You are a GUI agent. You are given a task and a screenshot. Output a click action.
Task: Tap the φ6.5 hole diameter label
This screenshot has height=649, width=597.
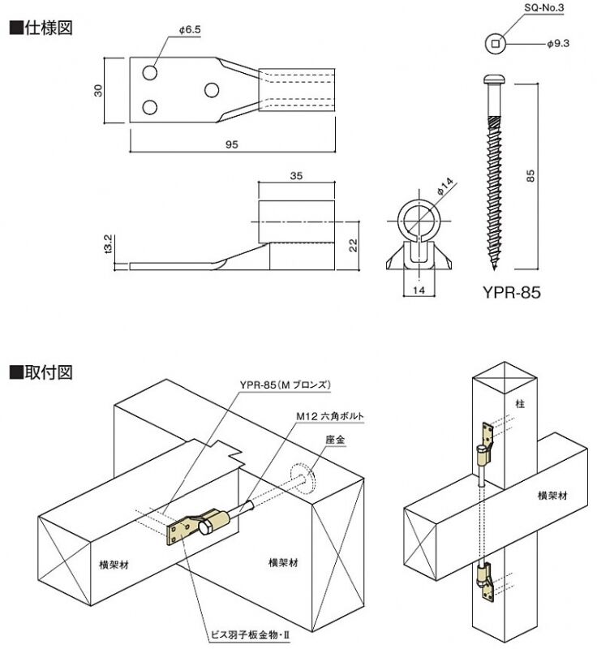point(189,29)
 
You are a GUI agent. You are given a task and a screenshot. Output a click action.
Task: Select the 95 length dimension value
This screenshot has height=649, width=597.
point(231,144)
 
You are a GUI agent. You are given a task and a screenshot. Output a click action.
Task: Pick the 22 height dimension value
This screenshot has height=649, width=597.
point(354,245)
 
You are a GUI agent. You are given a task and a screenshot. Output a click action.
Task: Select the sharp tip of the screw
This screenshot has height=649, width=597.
point(493,269)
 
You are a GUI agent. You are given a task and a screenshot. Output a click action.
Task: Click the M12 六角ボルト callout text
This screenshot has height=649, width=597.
point(328,416)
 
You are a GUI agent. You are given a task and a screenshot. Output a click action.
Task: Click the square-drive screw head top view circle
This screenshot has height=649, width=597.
point(493,43)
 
